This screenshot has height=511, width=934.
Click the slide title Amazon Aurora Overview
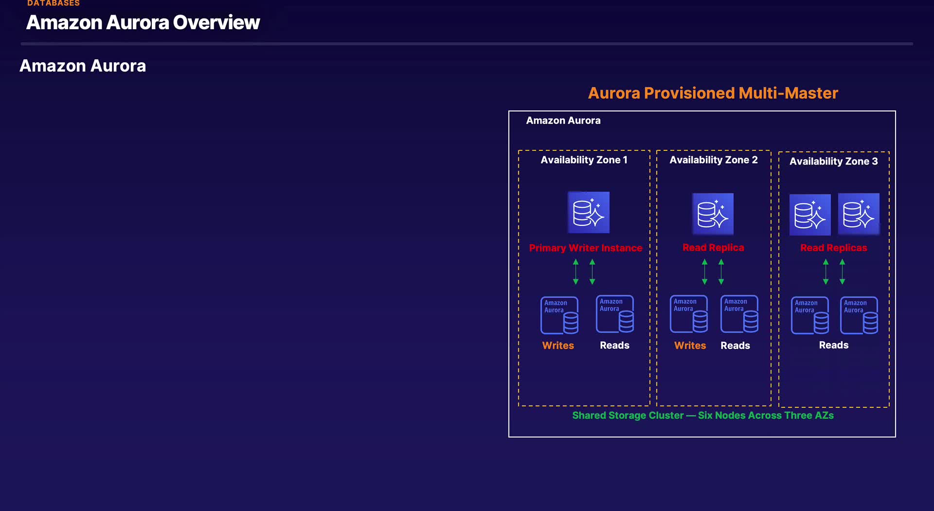[143, 22]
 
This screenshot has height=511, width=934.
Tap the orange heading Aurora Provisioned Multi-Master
[713, 93]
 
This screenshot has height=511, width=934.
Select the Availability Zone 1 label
[584, 160]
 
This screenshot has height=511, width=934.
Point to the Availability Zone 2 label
[713, 160]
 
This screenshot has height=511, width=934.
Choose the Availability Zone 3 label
[833, 162]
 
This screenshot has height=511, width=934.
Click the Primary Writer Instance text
[585, 248]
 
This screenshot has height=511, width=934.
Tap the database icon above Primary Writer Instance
[589, 212]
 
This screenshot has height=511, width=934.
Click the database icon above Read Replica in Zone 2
[713, 214]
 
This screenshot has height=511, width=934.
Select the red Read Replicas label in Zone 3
[833, 248]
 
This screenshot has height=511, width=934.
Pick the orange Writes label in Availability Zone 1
[558, 346]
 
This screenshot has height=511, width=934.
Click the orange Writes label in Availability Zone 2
[690, 346]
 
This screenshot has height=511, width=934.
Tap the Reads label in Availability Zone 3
[833, 345]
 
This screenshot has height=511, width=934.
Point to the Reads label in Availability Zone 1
[614, 346]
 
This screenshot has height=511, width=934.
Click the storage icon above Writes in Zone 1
[559, 315]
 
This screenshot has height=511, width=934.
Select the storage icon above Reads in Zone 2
[739, 314]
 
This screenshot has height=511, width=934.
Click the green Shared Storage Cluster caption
[703, 416]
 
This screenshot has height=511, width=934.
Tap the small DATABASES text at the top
[54, 3]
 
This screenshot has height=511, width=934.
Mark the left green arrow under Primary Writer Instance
[576, 272]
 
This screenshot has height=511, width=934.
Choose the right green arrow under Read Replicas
[843, 272]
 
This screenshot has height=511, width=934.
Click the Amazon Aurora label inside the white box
[563, 121]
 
